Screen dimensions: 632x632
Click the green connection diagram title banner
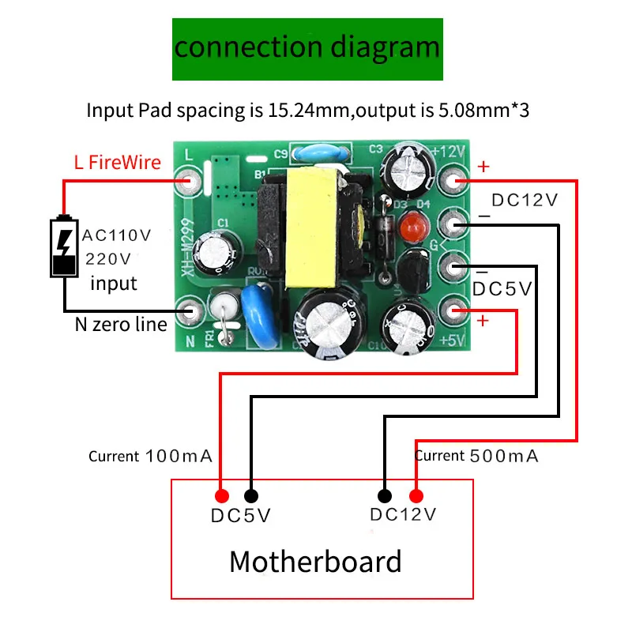tap(307, 47)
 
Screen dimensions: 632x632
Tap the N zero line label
tap(121, 324)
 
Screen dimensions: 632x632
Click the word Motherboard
tap(315, 562)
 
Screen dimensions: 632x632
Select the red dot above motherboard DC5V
tap(223, 496)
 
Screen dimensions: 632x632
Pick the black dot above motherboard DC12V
tap(384, 496)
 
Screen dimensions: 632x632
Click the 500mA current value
tap(504, 456)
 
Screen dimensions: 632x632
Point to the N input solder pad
tap(188, 310)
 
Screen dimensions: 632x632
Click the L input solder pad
tap(188, 182)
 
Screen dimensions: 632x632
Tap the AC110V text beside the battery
tap(116, 235)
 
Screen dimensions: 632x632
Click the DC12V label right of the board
tap(524, 200)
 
